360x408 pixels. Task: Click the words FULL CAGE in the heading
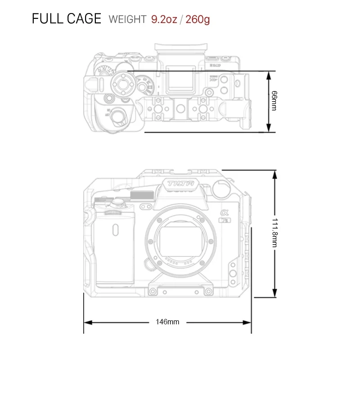point(67,19)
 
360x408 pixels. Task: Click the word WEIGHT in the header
point(127,19)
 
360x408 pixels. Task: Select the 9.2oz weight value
point(164,19)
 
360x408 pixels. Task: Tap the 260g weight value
point(197,19)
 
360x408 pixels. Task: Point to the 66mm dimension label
point(274,101)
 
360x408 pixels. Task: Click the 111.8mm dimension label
point(274,232)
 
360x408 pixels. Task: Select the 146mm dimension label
point(167,322)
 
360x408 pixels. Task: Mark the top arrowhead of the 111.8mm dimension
point(274,174)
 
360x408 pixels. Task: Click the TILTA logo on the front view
point(180,184)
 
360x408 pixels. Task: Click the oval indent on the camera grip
point(116,230)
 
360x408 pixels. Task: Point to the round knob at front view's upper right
point(220,190)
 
